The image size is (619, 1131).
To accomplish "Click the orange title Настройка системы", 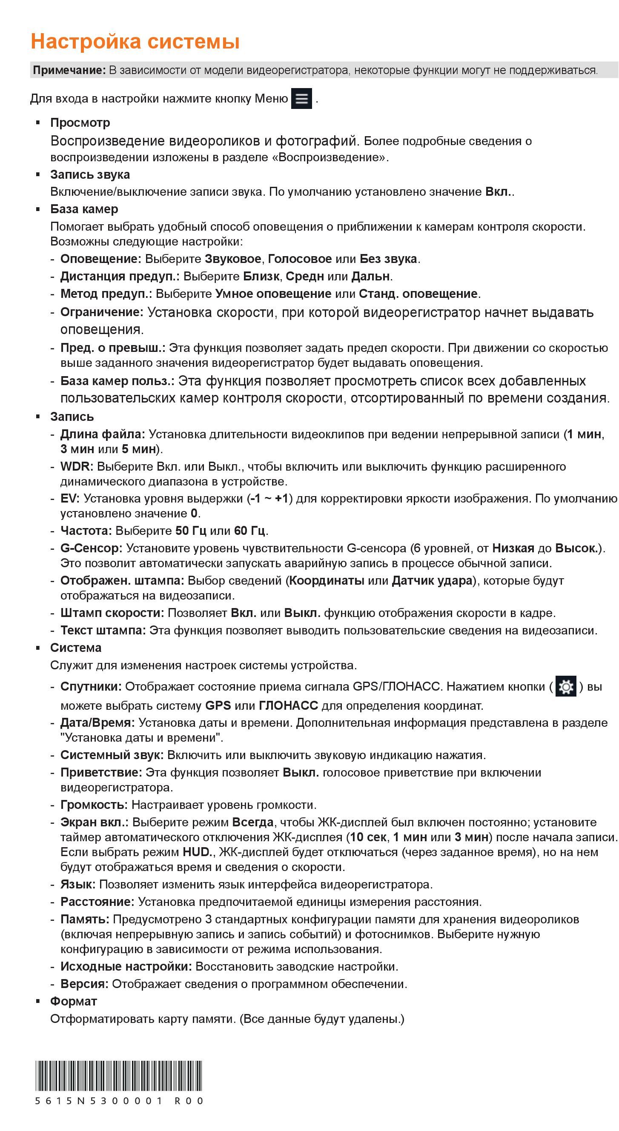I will [135, 42].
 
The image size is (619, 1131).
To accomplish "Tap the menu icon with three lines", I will [301, 98].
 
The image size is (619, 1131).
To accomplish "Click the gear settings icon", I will [565, 686].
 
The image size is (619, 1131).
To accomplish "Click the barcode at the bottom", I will [119, 1076].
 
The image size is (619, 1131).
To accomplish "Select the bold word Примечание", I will [69, 70].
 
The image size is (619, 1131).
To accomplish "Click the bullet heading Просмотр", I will [80, 123].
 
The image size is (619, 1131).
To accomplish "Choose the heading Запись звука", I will [90, 174].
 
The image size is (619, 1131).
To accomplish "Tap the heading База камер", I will [84, 209].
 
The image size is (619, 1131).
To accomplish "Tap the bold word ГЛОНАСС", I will [288, 705].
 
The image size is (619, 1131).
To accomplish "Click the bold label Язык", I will [77, 884].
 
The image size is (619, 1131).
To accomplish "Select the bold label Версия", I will [84, 984].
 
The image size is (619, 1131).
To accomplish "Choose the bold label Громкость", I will [94, 805].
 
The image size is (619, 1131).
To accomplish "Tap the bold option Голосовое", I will [300, 259].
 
